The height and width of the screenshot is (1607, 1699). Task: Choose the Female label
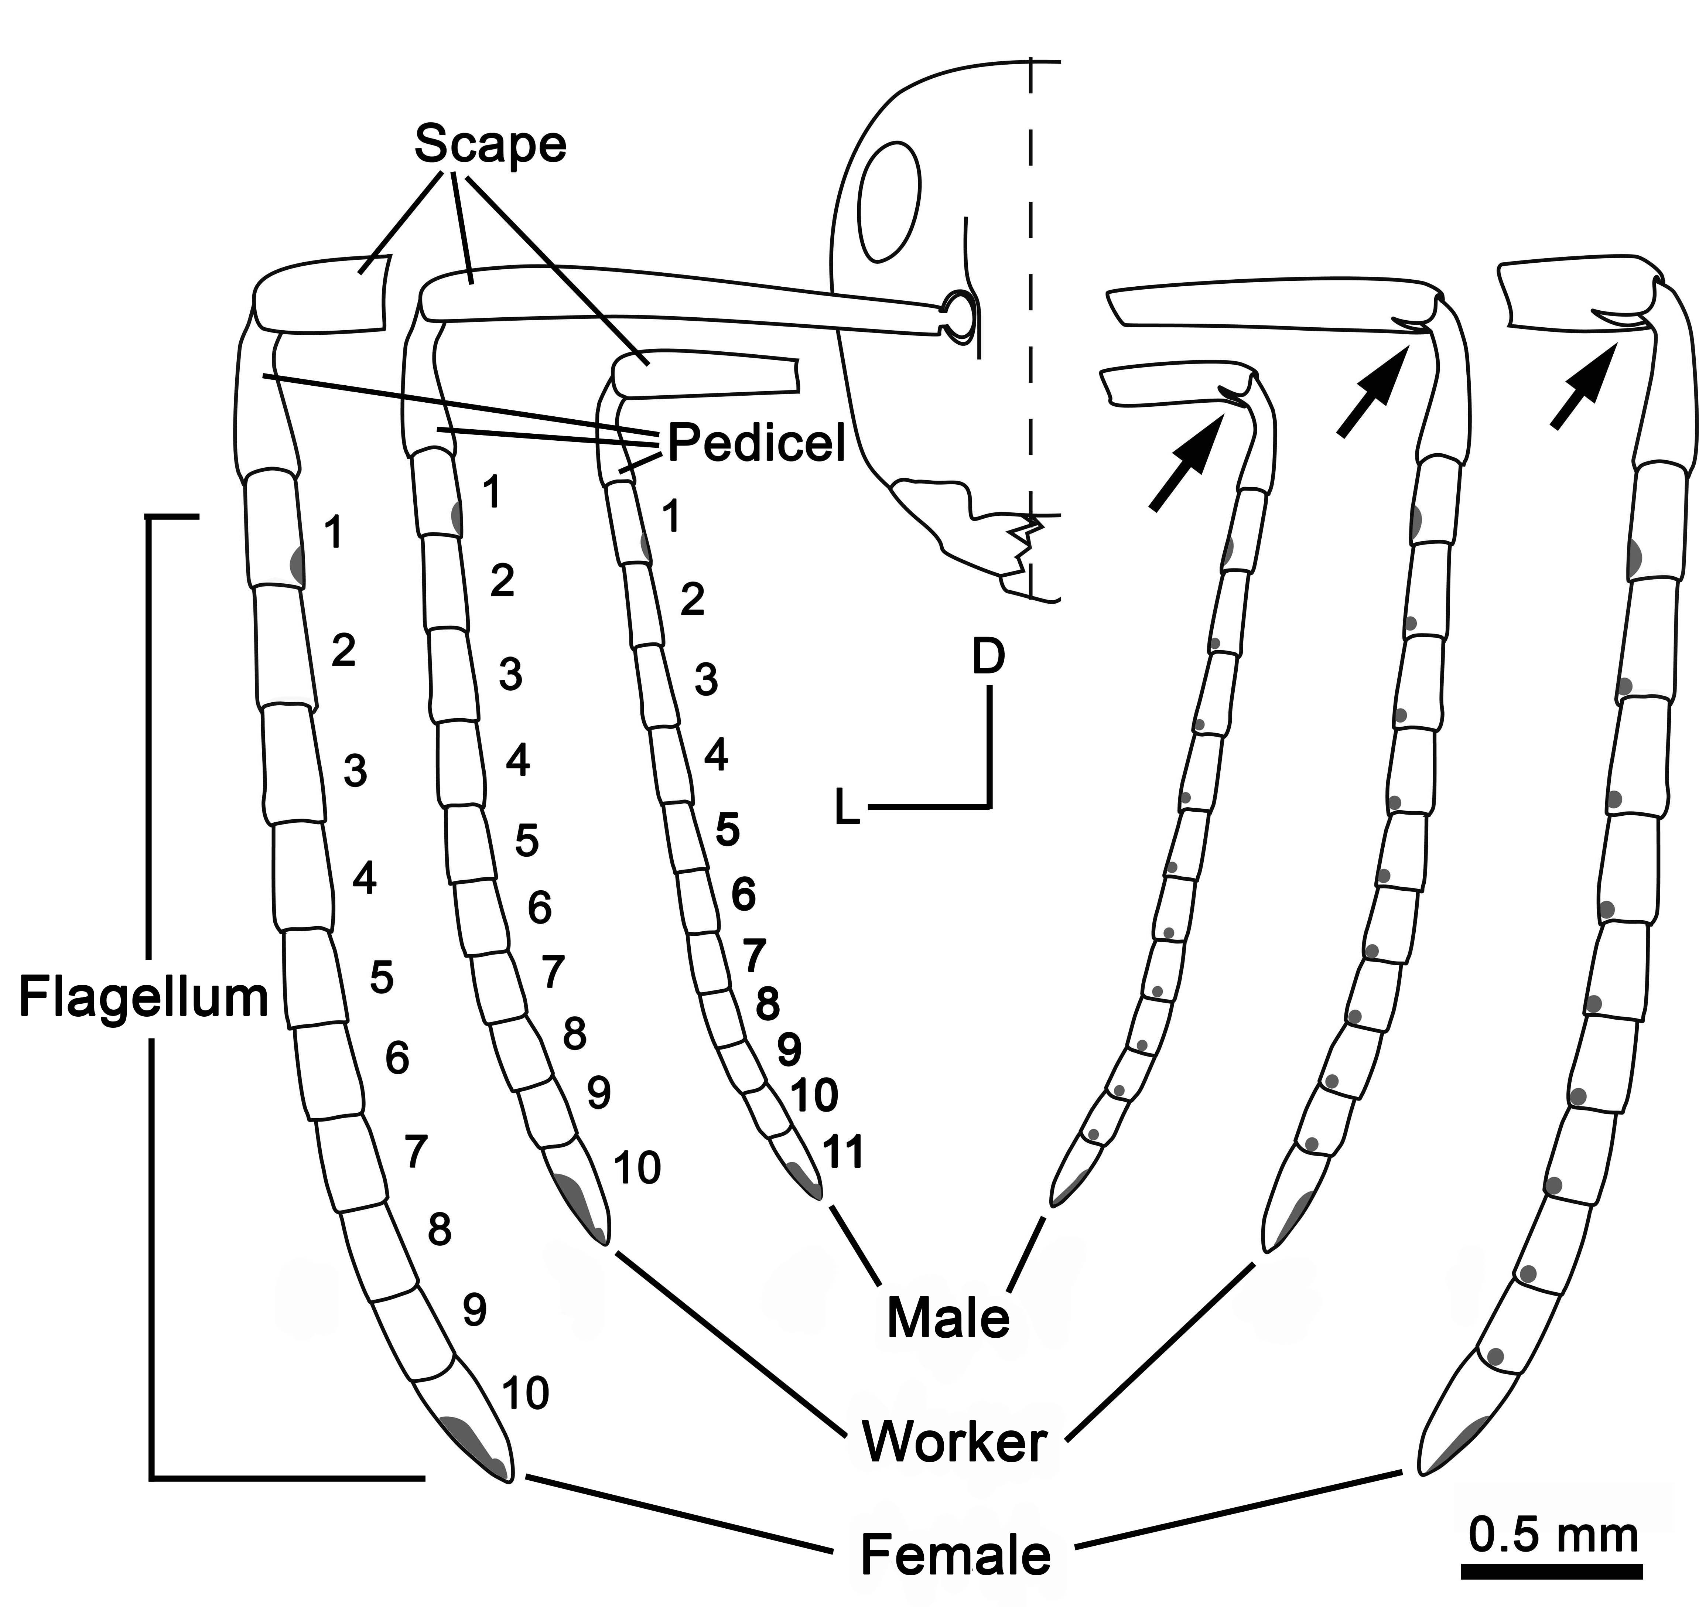pos(955,1554)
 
